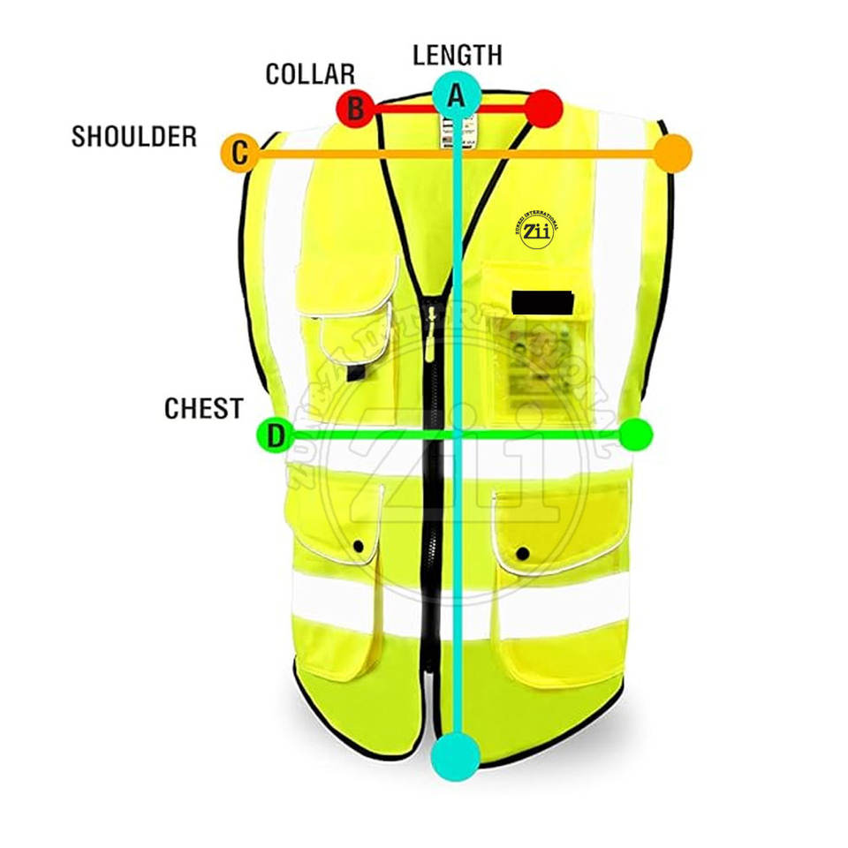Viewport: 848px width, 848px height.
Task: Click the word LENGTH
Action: pyautogui.click(x=457, y=55)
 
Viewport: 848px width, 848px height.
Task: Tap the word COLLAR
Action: pyautogui.click(x=310, y=74)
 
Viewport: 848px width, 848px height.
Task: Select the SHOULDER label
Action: pyautogui.click(x=134, y=137)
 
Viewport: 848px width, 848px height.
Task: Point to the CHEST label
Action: pyautogui.click(x=203, y=408)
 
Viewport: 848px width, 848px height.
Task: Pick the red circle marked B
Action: pyautogui.click(x=355, y=109)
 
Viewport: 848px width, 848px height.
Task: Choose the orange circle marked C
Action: pyautogui.click(x=238, y=154)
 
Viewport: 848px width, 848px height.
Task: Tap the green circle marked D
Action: pyautogui.click(x=275, y=435)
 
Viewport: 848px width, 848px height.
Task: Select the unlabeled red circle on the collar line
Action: pyautogui.click(x=544, y=109)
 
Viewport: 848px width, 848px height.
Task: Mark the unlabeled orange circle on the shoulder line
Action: pyautogui.click(x=674, y=153)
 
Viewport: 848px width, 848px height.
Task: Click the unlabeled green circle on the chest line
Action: pyautogui.click(x=635, y=434)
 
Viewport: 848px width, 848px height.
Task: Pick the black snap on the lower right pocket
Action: pyautogui.click(x=522, y=554)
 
